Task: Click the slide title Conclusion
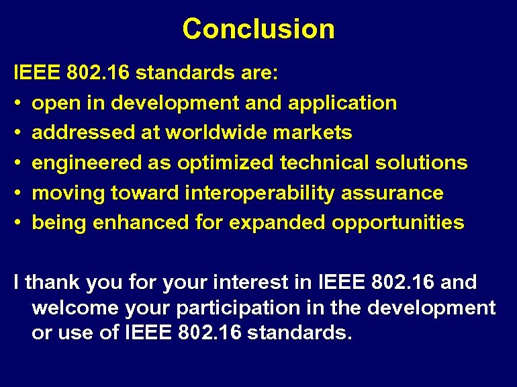tap(258, 29)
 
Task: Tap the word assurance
tap(392, 193)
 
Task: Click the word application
tap(342, 103)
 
